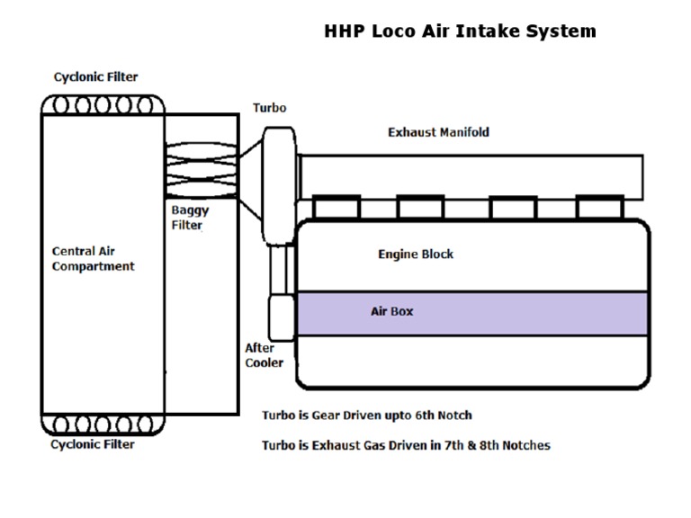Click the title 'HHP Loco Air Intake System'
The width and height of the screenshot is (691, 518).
click(460, 31)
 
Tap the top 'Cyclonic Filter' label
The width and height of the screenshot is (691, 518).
click(95, 77)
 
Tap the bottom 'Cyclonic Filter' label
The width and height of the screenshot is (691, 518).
click(93, 444)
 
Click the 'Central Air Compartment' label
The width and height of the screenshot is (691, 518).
click(93, 259)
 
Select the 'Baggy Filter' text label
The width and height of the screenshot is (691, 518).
click(189, 218)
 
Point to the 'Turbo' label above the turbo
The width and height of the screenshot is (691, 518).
click(269, 108)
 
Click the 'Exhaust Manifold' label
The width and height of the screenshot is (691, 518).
click(438, 132)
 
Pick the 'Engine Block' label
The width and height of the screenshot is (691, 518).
click(415, 255)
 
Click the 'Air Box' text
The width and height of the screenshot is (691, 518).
click(391, 312)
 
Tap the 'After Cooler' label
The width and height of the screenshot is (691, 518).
click(264, 355)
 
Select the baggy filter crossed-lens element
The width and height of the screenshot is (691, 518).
click(201, 164)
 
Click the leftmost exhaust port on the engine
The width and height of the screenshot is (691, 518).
click(337, 208)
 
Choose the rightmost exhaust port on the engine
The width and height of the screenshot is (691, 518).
click(600, 208)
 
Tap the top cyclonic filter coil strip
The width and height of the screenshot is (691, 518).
click(103, 104)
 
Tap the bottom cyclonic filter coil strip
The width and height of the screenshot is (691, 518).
click(103, 424)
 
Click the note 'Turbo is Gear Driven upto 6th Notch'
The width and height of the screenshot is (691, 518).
click(366, 415)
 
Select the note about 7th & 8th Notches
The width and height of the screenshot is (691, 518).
click(406, 445)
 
